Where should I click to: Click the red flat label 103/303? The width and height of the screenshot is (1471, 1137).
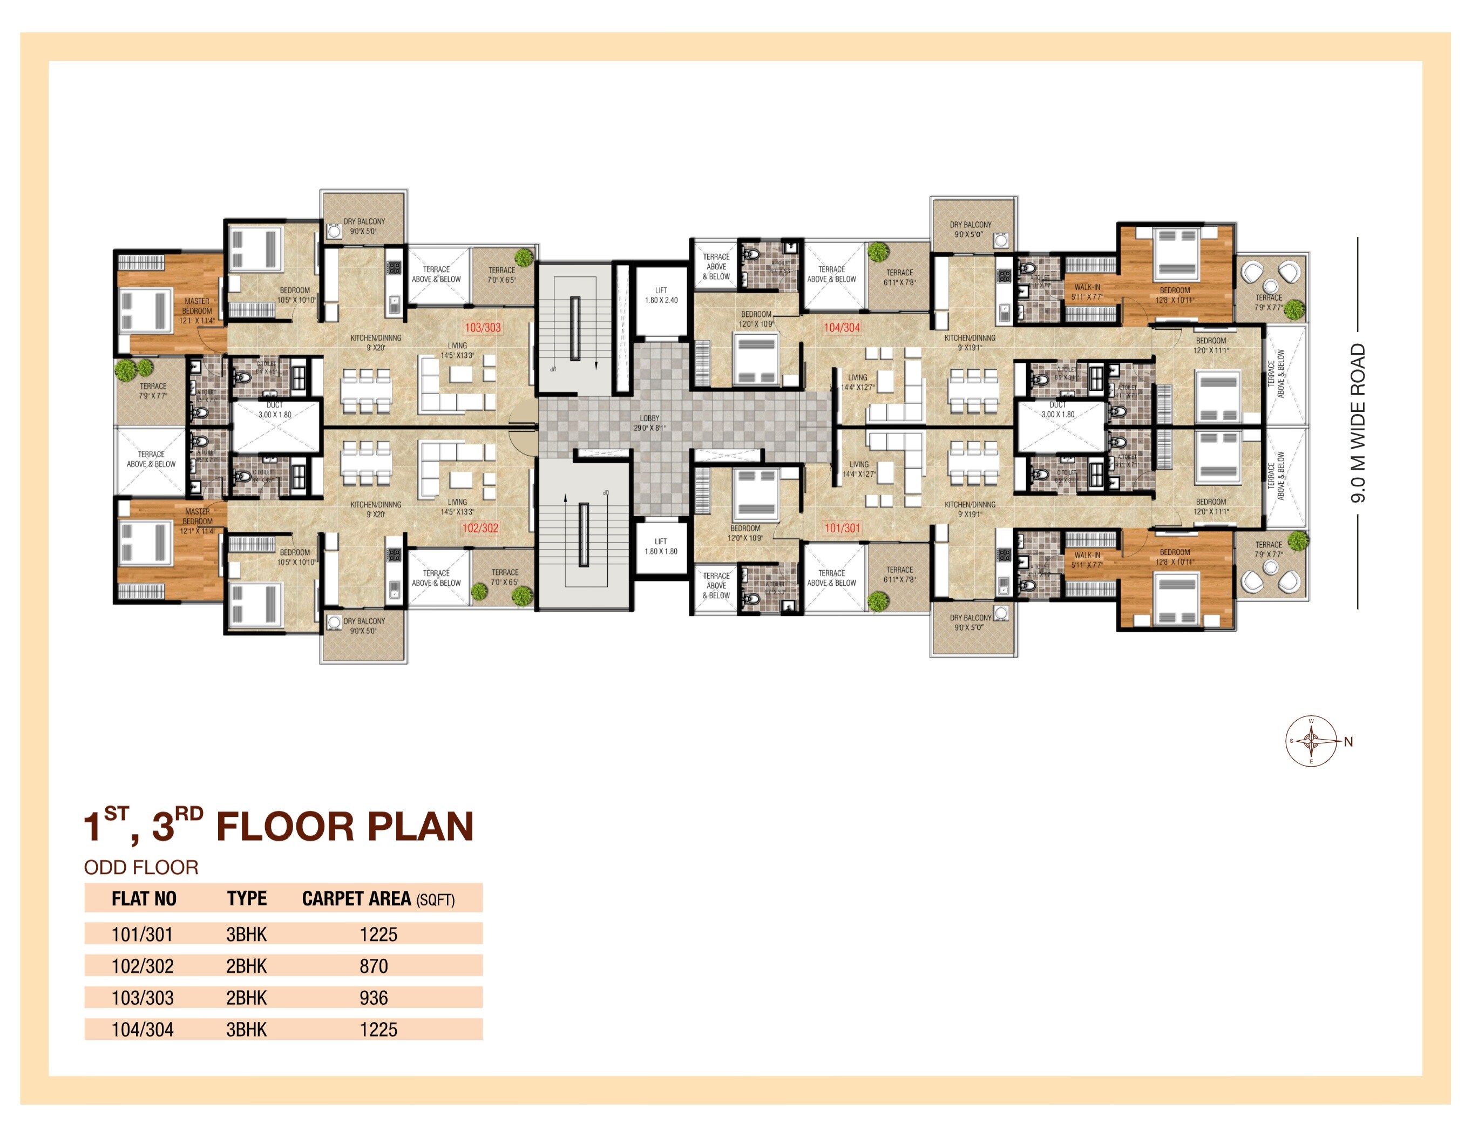coord(482,327)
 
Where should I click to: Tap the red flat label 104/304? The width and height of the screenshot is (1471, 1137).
coord(842,327)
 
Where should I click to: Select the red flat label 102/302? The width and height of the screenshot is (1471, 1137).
coord(480,528)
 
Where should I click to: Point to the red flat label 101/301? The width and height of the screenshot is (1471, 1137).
coord(842,528)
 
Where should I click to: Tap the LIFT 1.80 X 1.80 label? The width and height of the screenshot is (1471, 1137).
coord(661,546)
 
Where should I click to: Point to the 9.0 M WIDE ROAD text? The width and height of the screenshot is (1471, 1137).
coord(1358,423)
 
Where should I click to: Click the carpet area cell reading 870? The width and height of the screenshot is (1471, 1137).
coord(373,966)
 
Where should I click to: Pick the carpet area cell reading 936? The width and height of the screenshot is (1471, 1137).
coord(373,998)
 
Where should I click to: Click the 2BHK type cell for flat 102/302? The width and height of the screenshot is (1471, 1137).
coord(247,966)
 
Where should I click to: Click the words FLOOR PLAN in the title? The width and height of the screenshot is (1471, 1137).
coord(345,827)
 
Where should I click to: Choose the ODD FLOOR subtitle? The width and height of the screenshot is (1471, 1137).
coord(141,868)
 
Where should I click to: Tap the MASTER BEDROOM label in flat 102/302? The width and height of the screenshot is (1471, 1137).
coord(198,517)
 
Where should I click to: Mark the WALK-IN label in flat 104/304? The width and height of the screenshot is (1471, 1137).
coord(1087,292)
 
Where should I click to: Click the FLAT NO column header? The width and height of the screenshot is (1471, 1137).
coord(144,898)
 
